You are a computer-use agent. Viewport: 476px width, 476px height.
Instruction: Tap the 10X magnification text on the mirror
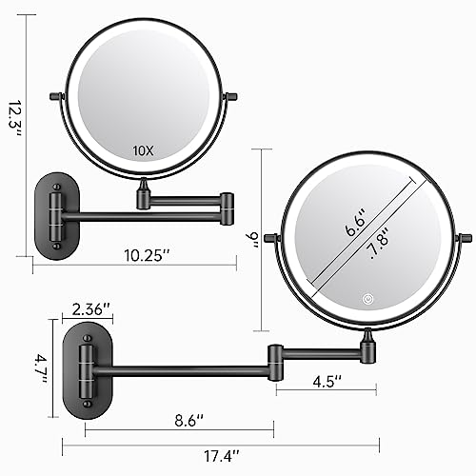point(142,149)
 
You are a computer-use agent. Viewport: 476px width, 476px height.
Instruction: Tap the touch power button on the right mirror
point(367,299)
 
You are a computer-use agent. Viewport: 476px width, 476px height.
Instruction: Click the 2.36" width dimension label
point(92,309)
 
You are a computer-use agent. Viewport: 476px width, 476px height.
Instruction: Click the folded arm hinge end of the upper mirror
point(229,201)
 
